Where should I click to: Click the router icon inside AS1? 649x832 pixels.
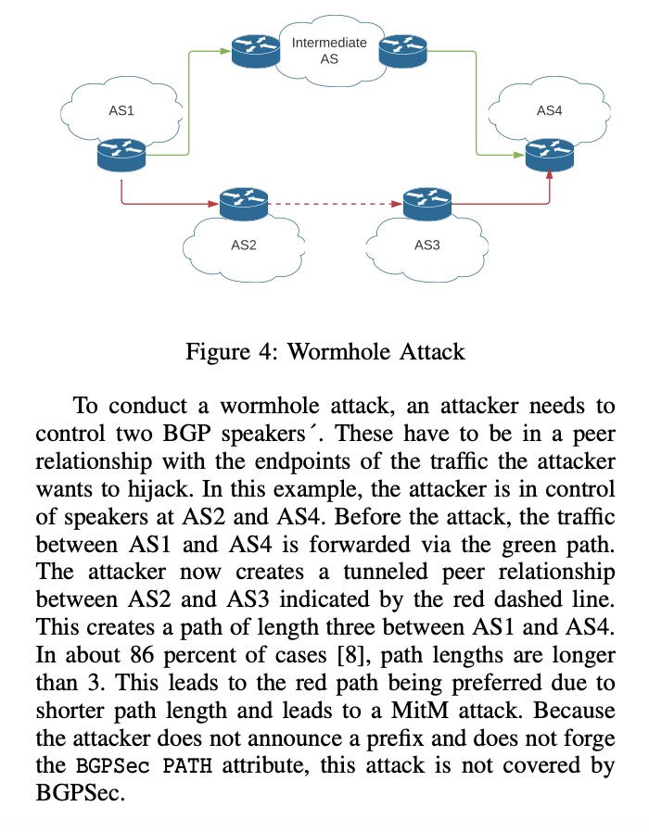tap(121, 154)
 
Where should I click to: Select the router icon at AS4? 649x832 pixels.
tap(550, 154)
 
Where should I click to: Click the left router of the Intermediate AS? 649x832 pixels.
tap(256, 50)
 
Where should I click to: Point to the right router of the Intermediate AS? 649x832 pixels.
tap(403, 50)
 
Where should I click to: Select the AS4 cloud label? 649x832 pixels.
tap(550, 110)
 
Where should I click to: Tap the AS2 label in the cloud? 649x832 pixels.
tap(243, 246)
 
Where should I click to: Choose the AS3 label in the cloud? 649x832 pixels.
tap(426, 246)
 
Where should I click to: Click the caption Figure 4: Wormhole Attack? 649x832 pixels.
tap(324, 352)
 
